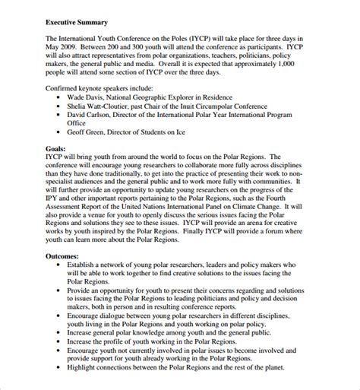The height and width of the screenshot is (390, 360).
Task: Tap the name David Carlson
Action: tap(96, 116)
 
